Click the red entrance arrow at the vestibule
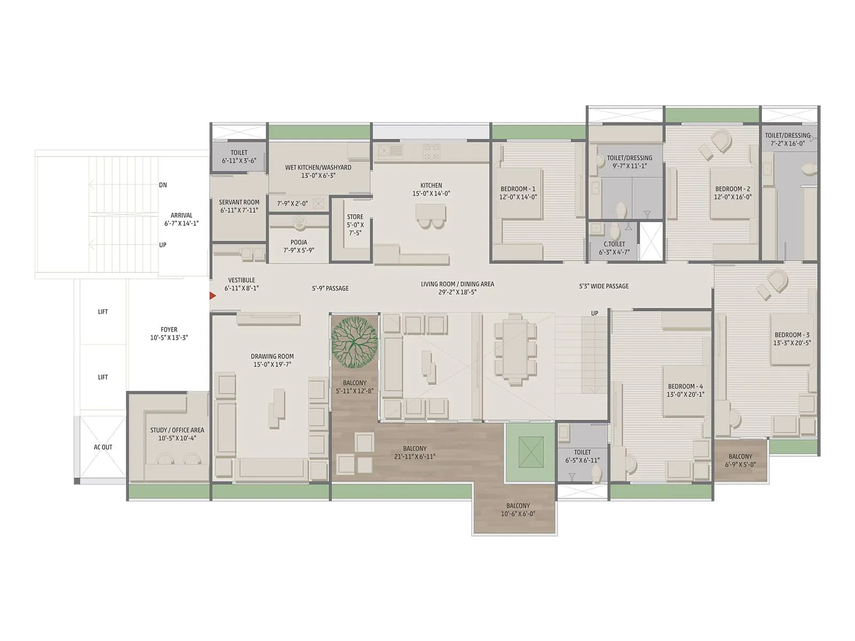point(213,295)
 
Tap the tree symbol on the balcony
point(354,342)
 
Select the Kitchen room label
point(431,185)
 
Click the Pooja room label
point(299,242)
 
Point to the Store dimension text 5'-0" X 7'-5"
point(355,229)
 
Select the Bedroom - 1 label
point(517,189)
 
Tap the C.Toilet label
point(614,244)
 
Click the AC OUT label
point(103,447)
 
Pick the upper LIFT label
point(103,311)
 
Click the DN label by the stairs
point(163,185)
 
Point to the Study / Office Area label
point(177,430)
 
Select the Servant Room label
point(239,202)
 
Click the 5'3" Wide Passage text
point(604,286)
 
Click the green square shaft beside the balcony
point(531,452)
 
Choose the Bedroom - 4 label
point(685,386)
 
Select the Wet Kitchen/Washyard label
point(318,167)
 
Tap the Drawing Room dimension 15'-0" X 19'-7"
point(272,364)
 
